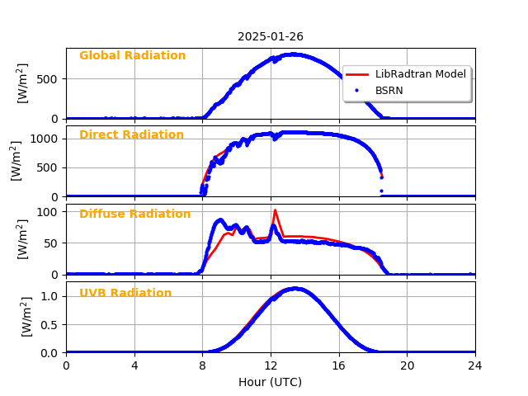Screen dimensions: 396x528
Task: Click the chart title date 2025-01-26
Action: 270,36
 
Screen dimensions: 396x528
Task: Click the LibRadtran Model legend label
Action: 420,74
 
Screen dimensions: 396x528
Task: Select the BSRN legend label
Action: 389,91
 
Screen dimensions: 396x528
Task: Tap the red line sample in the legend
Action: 358,74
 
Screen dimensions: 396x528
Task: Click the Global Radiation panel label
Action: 132,56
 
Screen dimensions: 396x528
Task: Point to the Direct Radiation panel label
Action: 131,135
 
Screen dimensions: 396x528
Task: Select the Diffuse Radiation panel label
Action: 134,214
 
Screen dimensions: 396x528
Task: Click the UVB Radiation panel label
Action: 125,294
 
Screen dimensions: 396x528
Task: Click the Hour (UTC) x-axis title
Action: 270,382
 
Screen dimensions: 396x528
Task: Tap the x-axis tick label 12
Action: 271,365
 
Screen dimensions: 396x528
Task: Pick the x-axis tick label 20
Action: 407,365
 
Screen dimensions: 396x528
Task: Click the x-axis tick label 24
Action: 475,365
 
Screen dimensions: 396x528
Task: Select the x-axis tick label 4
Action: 134,365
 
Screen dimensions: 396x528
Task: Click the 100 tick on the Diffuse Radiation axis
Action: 49,212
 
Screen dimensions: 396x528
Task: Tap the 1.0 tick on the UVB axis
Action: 51,296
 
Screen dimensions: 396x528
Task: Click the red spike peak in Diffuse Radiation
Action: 275,210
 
